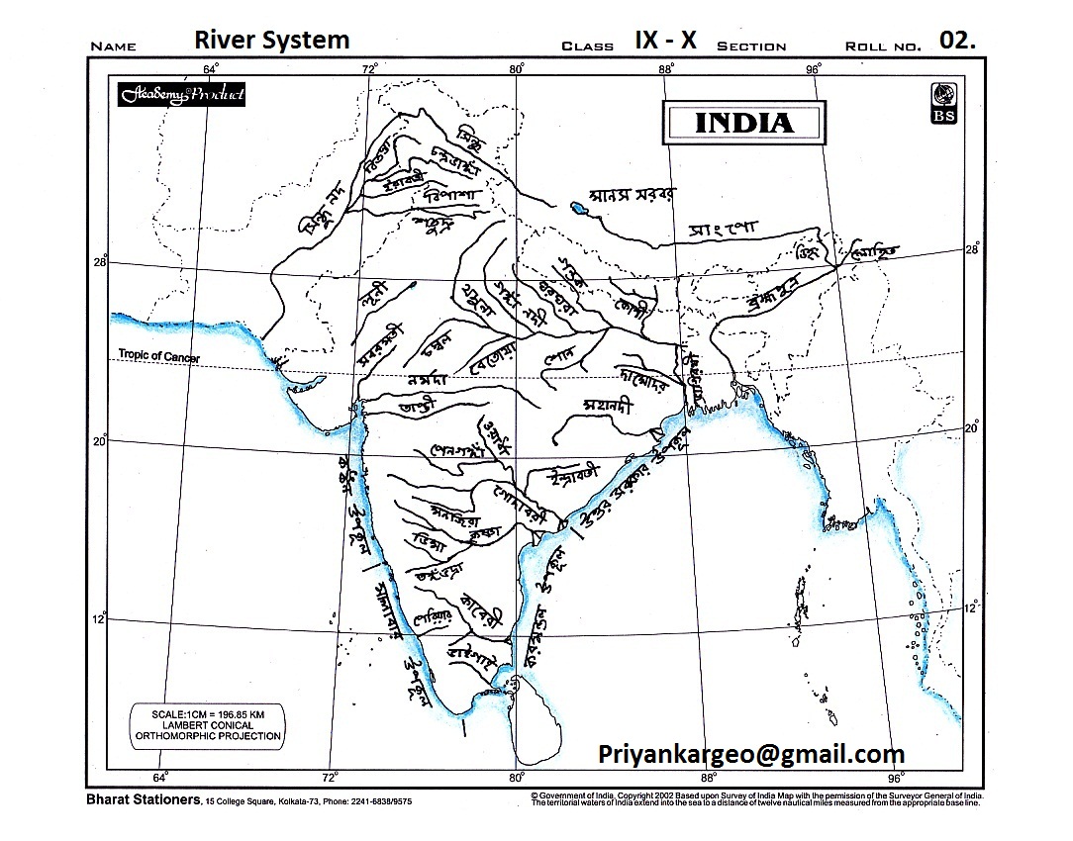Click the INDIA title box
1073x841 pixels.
744,123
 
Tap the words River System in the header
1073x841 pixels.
272,40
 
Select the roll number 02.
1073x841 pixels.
957,41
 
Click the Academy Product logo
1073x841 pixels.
181,95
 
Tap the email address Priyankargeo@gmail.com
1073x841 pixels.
751,754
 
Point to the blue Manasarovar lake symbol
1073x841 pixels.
577,209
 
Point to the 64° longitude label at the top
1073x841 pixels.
210,68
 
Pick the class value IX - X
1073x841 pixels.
665,41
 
